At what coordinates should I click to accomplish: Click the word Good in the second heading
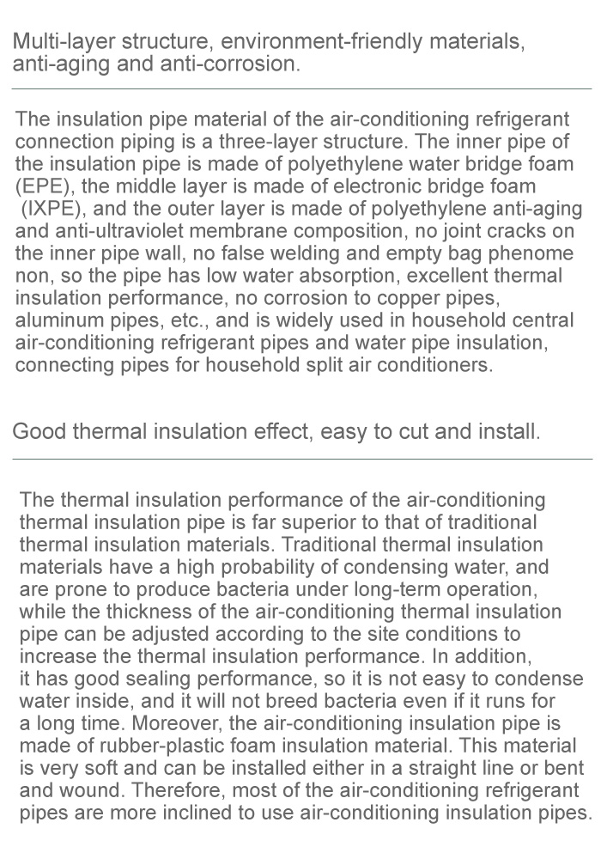click(x=39, y=431)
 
